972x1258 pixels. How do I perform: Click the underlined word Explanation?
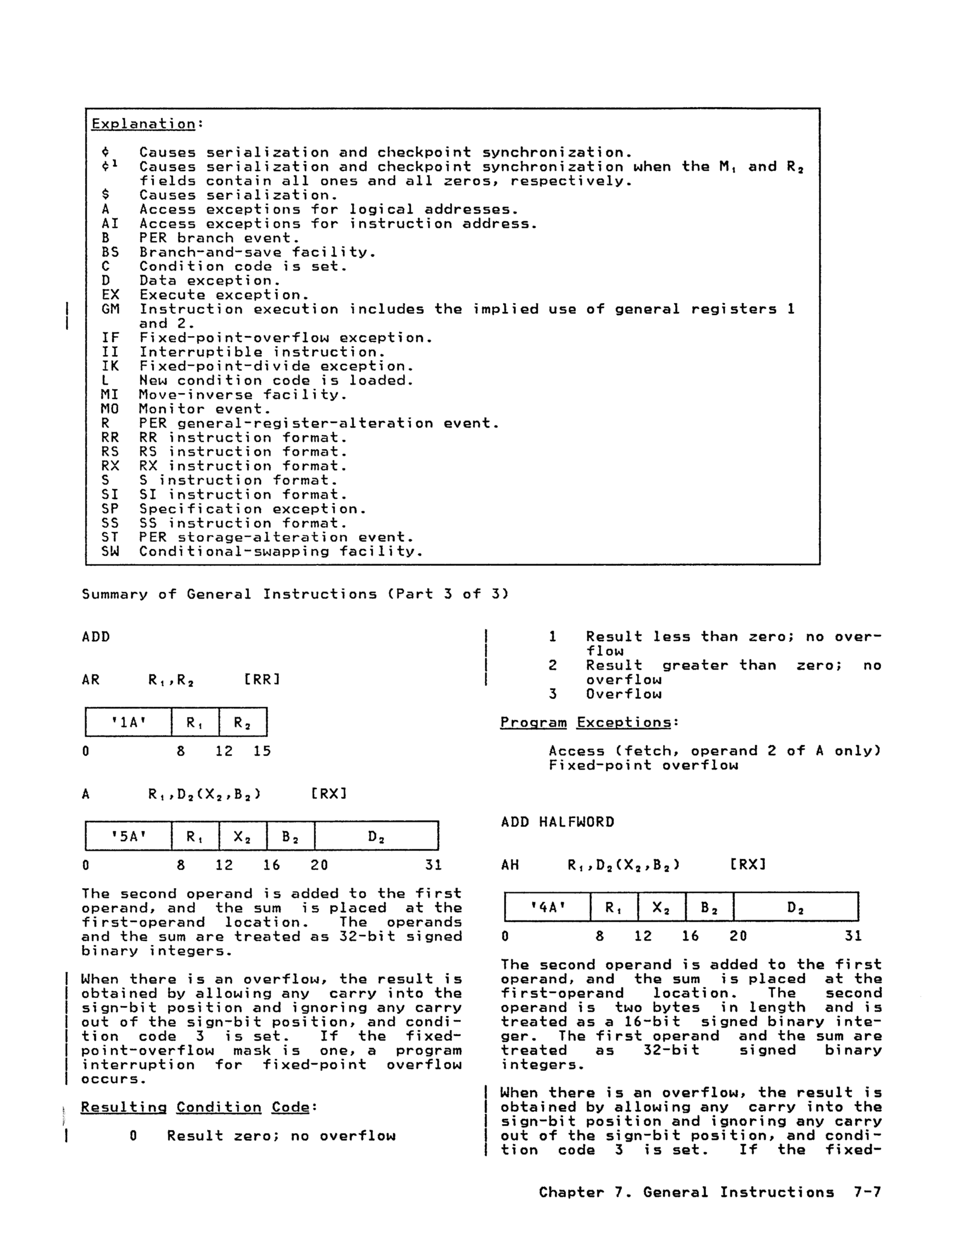click(x=143, y=124)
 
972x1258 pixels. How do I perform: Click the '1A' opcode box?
click(x=129, y=722)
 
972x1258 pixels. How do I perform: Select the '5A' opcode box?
click(x=129, y=836)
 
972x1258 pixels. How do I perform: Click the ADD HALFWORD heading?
click(x=557, y=822)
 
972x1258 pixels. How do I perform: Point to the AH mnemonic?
click(x=510, y=865)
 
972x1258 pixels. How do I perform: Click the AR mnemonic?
click(x=90, y=680)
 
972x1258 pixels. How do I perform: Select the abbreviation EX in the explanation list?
click(x=110, y=295)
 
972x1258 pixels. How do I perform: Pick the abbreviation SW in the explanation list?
click(x=110, y=551)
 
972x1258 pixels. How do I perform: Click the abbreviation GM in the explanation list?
click(x=110, y=309)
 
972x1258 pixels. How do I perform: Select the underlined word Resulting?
click(x=123, y=1107)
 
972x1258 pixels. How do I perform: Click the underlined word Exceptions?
click(x=624, y=722)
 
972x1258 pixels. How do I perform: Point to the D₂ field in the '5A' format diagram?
click(x=376, y=836)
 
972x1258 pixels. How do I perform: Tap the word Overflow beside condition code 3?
click(x=623, y=694)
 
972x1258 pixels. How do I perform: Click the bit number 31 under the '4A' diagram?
click(x=853, y=936)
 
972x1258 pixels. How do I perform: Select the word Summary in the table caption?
click(x=114, y=594)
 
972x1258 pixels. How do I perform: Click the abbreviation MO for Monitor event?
click(x=110, y=409)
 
